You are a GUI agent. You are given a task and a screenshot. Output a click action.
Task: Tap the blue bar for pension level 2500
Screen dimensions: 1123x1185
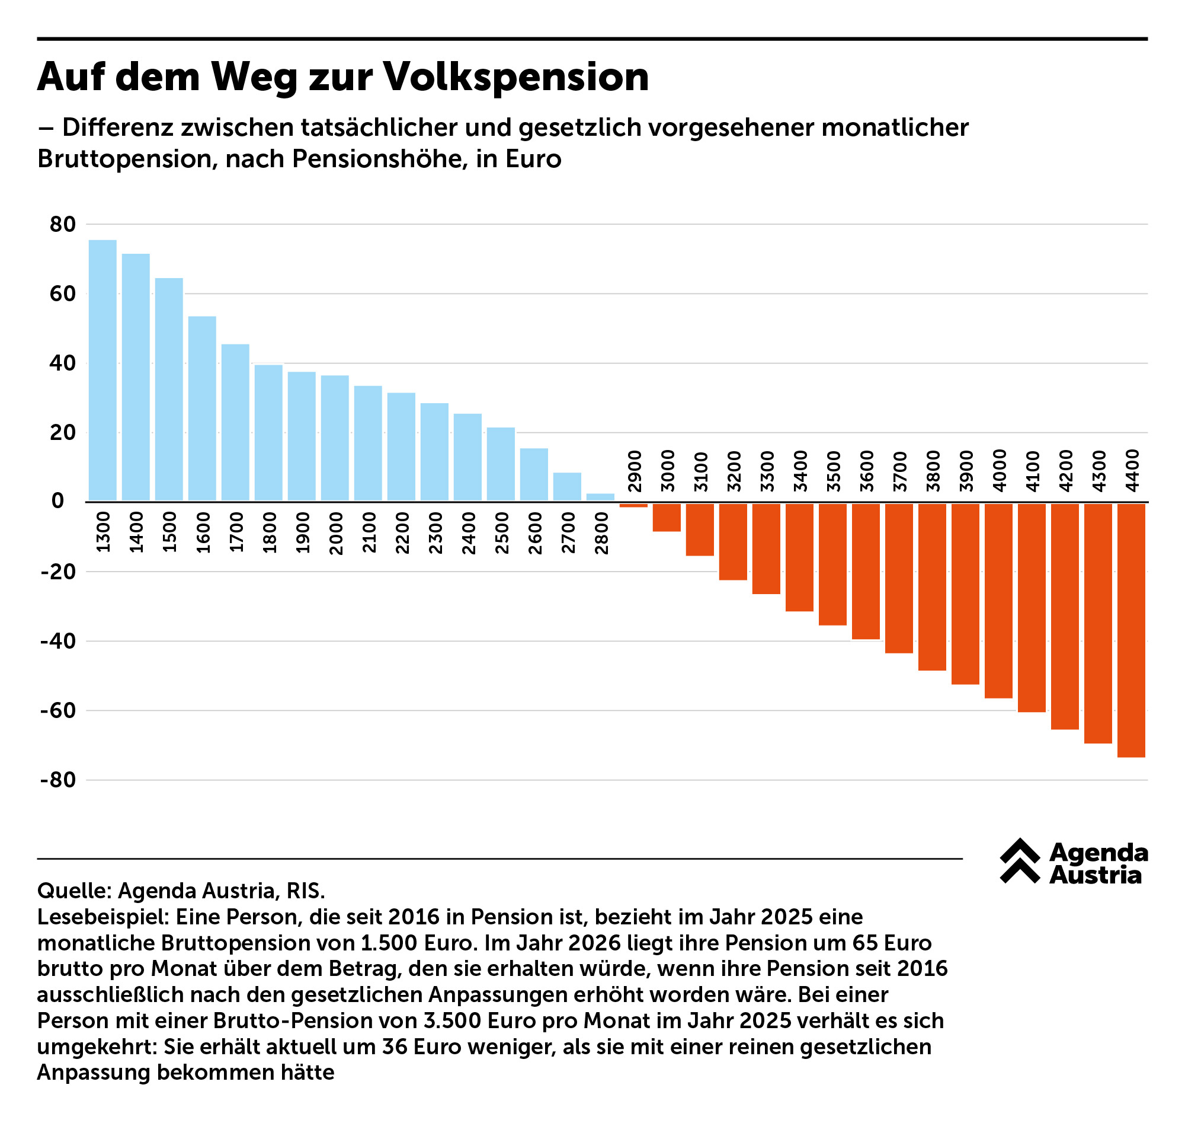point(501,464)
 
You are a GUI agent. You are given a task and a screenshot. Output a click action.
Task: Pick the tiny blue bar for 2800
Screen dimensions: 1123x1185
point(600,497)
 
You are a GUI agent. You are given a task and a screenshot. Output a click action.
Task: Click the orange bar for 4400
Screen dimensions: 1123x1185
point(1131,630)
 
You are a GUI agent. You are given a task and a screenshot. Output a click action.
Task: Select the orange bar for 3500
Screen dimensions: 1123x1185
point(832,564)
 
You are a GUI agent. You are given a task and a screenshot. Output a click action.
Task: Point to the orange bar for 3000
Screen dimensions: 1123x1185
point(667,518)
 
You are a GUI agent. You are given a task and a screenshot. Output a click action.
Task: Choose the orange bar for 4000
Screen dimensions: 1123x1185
point(998,601)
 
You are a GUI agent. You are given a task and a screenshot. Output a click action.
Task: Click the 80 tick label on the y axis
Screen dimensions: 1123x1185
point(63,225)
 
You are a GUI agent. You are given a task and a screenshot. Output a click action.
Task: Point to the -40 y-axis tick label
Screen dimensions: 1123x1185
point(58,642)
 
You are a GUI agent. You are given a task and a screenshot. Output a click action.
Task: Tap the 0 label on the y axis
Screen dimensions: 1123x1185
point(57,502)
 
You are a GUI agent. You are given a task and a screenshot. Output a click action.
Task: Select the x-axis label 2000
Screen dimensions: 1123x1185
point(336,534)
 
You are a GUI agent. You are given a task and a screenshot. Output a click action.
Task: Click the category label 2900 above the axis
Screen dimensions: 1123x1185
point(635,472)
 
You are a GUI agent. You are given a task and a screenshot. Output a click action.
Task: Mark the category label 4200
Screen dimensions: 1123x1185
point(1066,471)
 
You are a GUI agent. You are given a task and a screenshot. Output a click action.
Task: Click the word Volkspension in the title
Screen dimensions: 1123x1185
point(515,77)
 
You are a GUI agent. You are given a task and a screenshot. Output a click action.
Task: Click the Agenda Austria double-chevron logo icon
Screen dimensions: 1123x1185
point(1020,861)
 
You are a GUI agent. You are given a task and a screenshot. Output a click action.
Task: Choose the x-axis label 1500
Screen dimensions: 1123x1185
point(170,532)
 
